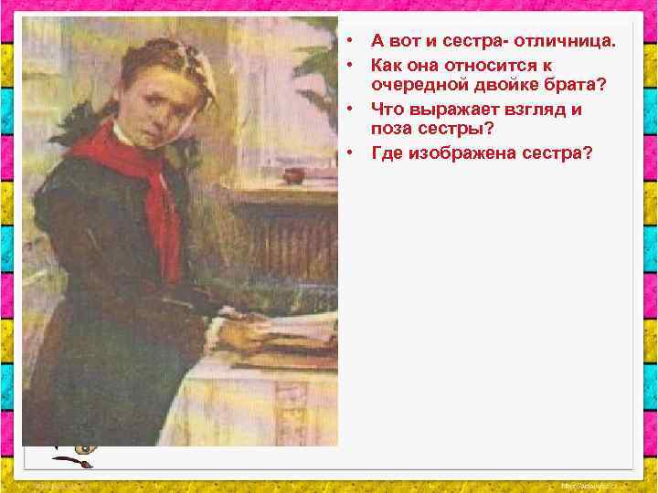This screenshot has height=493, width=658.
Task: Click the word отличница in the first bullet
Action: click(566, 41)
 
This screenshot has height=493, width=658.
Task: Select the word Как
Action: click(387, 66)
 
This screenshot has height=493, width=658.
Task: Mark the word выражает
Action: click(449, 110)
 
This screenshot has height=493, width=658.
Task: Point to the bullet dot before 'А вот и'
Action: click(351, 41)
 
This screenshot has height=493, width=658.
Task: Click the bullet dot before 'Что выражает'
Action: click(351, 110)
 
